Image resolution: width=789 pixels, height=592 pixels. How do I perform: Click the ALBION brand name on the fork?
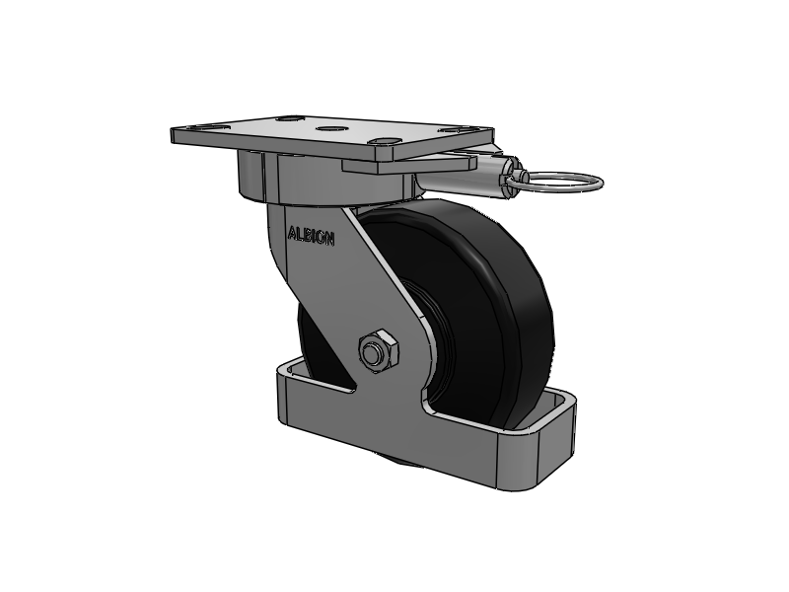pos(310,235)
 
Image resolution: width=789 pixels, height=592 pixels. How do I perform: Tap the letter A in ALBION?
pos(291,234)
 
